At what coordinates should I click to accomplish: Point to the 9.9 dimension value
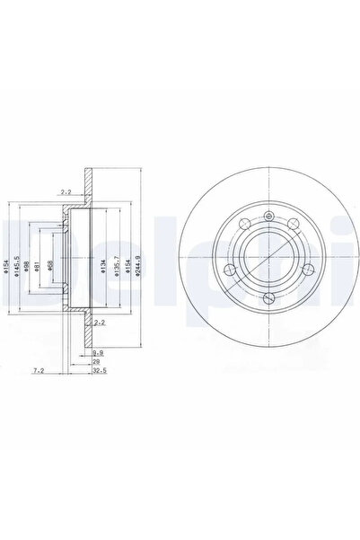point(98,353)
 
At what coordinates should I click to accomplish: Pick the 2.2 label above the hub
point(66,190)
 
